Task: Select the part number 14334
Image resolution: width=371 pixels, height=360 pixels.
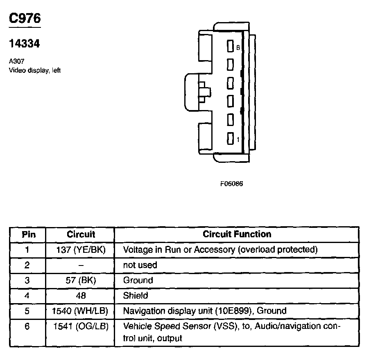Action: coord(25,43)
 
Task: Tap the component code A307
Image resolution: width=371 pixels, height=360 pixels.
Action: coord(15,62)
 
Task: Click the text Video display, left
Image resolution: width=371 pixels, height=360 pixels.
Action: coord(35,70)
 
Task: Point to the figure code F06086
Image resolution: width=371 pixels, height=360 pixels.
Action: coord(232,184)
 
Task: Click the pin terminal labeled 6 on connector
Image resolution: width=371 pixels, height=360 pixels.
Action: coord(230,47)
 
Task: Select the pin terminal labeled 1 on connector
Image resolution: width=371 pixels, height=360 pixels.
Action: coord(230,139)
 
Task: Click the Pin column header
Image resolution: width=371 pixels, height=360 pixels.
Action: coord(28,234)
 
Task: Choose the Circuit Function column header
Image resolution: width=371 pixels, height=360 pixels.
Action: coord(237,234)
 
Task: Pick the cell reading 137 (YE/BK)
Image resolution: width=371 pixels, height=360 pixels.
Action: coord(81,250)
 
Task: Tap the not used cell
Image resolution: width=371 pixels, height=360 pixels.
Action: coord(140,265)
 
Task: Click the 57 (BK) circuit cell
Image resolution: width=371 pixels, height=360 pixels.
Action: coord(81,280)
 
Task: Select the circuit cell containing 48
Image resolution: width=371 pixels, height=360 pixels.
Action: coord(81,295)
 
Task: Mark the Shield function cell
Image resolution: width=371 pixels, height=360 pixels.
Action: coord(136,295)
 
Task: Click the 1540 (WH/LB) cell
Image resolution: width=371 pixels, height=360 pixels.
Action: coord(80,311)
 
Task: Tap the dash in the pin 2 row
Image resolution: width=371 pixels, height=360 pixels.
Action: coord(81,265)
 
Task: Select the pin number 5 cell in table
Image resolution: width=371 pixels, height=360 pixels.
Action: coord(27,311)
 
